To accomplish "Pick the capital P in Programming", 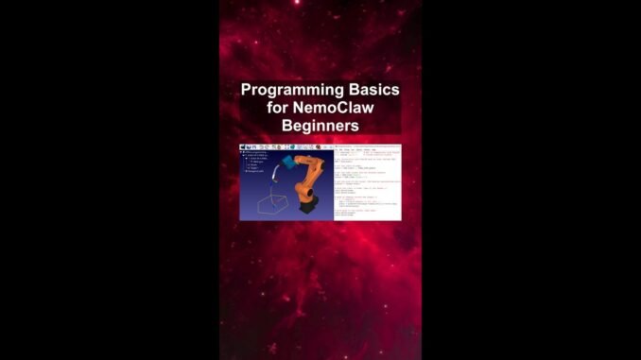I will (246, 91).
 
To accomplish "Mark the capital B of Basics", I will (351, 91).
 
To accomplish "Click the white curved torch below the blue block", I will (274, 173).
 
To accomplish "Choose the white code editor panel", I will (367, 184).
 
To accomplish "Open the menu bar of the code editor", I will (355, 147).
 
